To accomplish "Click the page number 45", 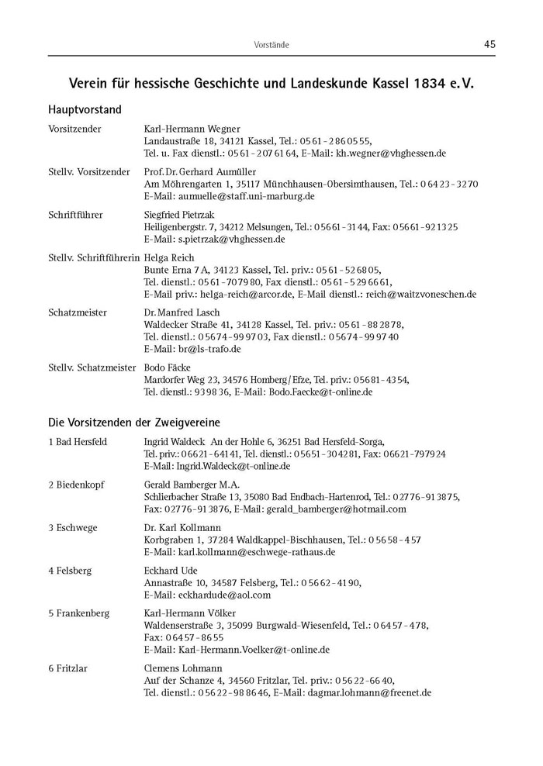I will click(x=489, y=44).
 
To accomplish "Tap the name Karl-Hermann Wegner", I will click(x=192, y=129).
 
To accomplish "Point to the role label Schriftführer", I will click(x=75, y=215).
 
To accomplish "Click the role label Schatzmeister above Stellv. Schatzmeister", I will click(x=77, y=312).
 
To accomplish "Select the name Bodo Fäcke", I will click(x=168, y=367).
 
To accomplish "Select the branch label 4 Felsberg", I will click(x=70, y=571).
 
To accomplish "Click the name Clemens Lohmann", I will click(x=183, y=668).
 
